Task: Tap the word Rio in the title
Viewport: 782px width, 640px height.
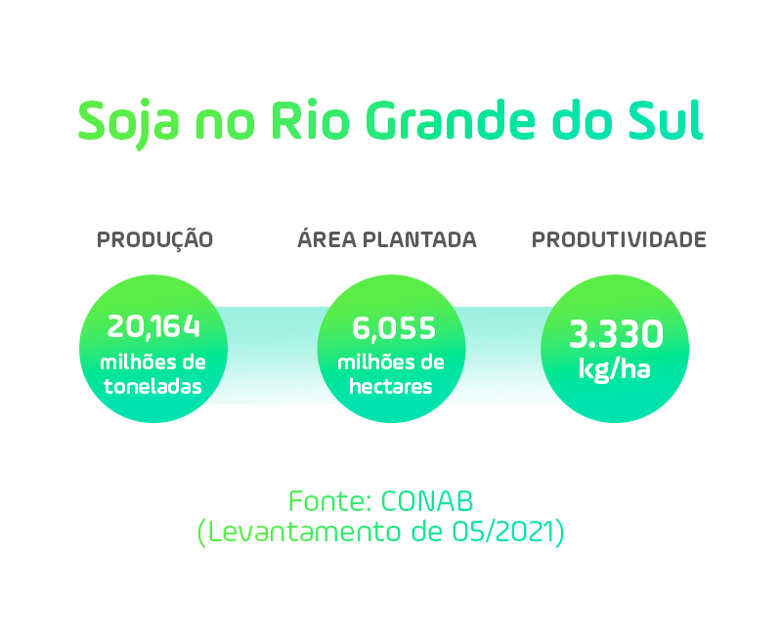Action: [310, 120]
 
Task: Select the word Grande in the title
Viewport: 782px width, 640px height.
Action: [451, 120]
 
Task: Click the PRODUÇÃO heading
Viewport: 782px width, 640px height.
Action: [154, 238]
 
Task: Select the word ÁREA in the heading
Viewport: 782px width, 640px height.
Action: [326, 238]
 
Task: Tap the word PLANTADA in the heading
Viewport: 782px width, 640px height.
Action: [419, 239]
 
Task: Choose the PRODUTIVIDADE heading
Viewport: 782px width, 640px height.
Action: [619, 239]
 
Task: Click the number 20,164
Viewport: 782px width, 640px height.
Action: [153, 327]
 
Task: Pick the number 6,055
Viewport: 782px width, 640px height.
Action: [394, 328]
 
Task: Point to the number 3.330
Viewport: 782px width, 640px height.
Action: [616, 334]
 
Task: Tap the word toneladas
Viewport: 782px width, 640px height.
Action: [152, 386]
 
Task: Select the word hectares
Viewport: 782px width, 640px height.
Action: [390, 386]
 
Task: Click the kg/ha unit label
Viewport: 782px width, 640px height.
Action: [615, 370]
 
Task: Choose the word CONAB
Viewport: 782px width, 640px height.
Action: [427, 501]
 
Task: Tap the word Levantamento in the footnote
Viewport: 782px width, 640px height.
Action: [304, 532]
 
